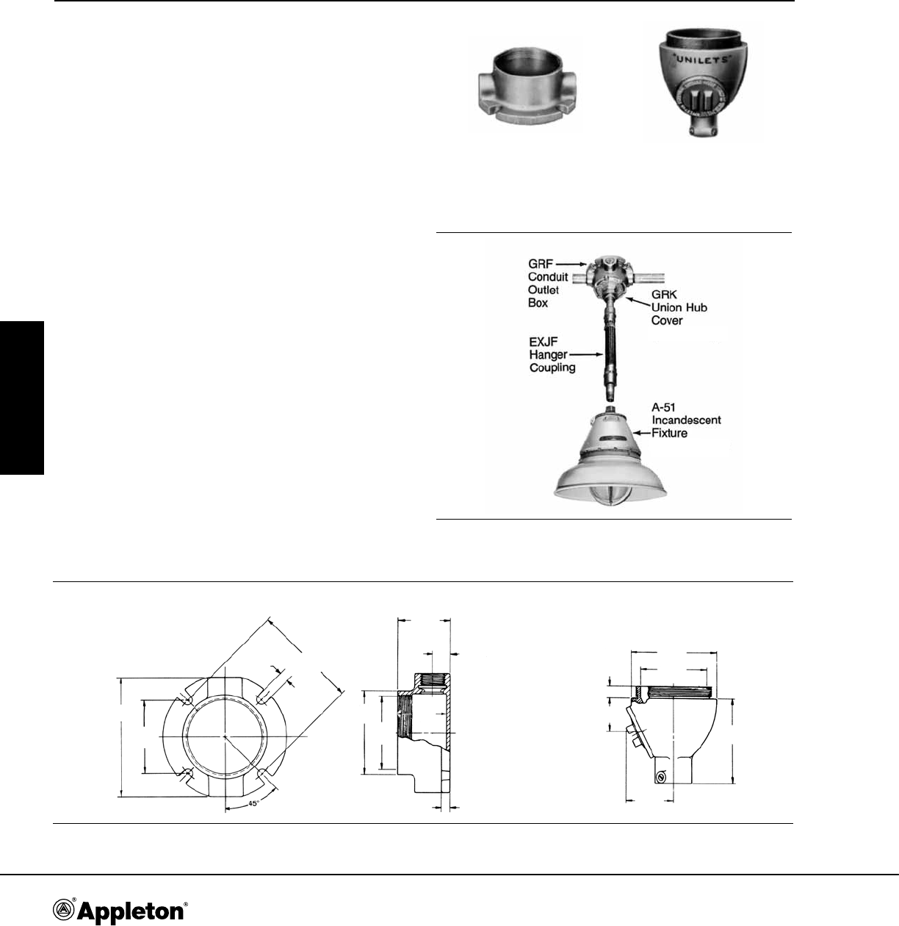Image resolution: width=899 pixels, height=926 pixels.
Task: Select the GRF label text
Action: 541,264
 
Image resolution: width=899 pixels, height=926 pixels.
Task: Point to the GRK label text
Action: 664,295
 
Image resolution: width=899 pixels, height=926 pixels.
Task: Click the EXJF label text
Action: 544,342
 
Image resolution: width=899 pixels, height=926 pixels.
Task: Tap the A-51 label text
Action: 663,407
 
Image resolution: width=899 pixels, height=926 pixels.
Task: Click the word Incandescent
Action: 687,420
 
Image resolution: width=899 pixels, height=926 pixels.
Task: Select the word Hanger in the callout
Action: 548,355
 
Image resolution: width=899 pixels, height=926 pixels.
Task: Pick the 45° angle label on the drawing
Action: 253,804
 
